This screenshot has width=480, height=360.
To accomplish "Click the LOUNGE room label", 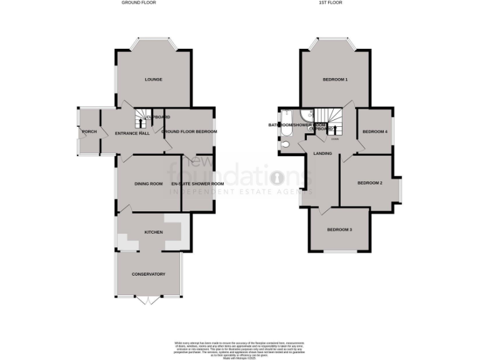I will [x=153, y=79].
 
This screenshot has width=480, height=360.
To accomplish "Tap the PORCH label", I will [x=87, y=132].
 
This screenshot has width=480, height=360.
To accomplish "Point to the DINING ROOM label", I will [x=148, y=184].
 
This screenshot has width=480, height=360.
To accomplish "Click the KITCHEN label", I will [x=153, y=232].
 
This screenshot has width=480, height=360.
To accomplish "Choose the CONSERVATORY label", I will [x=148, y=274].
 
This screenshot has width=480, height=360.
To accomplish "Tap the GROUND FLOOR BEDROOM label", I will [x=189, y=132].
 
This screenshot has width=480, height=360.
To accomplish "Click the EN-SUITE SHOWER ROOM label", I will [x=197, y=184].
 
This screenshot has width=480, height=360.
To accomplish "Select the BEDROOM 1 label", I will [x=335, y=79].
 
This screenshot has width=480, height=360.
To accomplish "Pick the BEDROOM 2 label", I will [x=369, y=182].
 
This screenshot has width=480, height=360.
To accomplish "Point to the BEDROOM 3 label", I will [x=339, y=230].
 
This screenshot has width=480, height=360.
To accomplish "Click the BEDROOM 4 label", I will [x=375, y=132].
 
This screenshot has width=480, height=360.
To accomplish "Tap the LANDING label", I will [x=322, y=154].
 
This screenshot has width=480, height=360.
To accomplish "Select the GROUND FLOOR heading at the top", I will [x=139, y=3].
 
